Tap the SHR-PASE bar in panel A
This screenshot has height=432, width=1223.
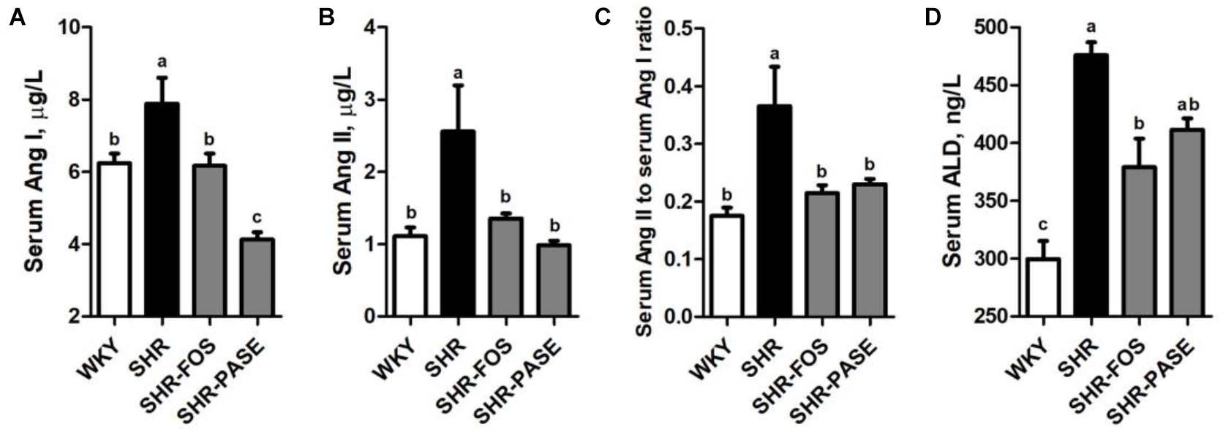click(257, 277)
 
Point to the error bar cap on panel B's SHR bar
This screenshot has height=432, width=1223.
click(458, 86)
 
